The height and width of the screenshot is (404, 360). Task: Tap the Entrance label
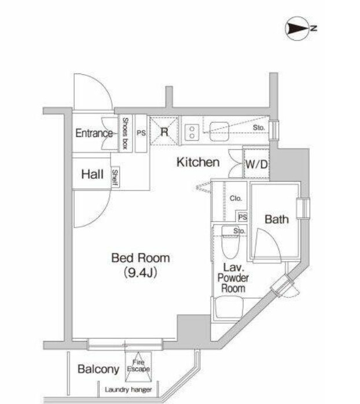pos(94,133)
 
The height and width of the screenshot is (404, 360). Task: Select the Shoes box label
pos(125,133)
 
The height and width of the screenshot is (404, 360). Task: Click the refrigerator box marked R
pos(164,131)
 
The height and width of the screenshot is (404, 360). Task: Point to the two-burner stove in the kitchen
pos(192,132)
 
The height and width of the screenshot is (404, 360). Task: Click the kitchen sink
pos(219,131)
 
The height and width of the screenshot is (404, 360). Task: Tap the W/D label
pos(256,164)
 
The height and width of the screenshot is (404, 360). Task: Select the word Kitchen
pos(198,162)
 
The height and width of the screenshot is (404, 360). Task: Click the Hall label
pos(92,174)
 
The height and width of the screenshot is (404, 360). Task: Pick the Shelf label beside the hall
pos(115,177)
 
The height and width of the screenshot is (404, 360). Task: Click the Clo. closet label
pos(236,199)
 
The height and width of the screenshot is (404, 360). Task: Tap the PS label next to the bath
pos(243,217)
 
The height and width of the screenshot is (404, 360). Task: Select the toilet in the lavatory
pos(230,243)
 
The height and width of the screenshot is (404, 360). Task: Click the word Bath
pos(277,219)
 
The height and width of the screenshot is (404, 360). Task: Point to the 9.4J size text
pos(141,273)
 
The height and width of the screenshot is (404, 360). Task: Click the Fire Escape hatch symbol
pos(138,366)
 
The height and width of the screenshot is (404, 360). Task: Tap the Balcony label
pos(98,369)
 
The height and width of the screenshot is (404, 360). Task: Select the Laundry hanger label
pos(128,390)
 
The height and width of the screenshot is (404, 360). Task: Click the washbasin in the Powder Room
pos(229,308)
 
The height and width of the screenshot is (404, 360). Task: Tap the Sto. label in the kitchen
pos(259,127)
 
